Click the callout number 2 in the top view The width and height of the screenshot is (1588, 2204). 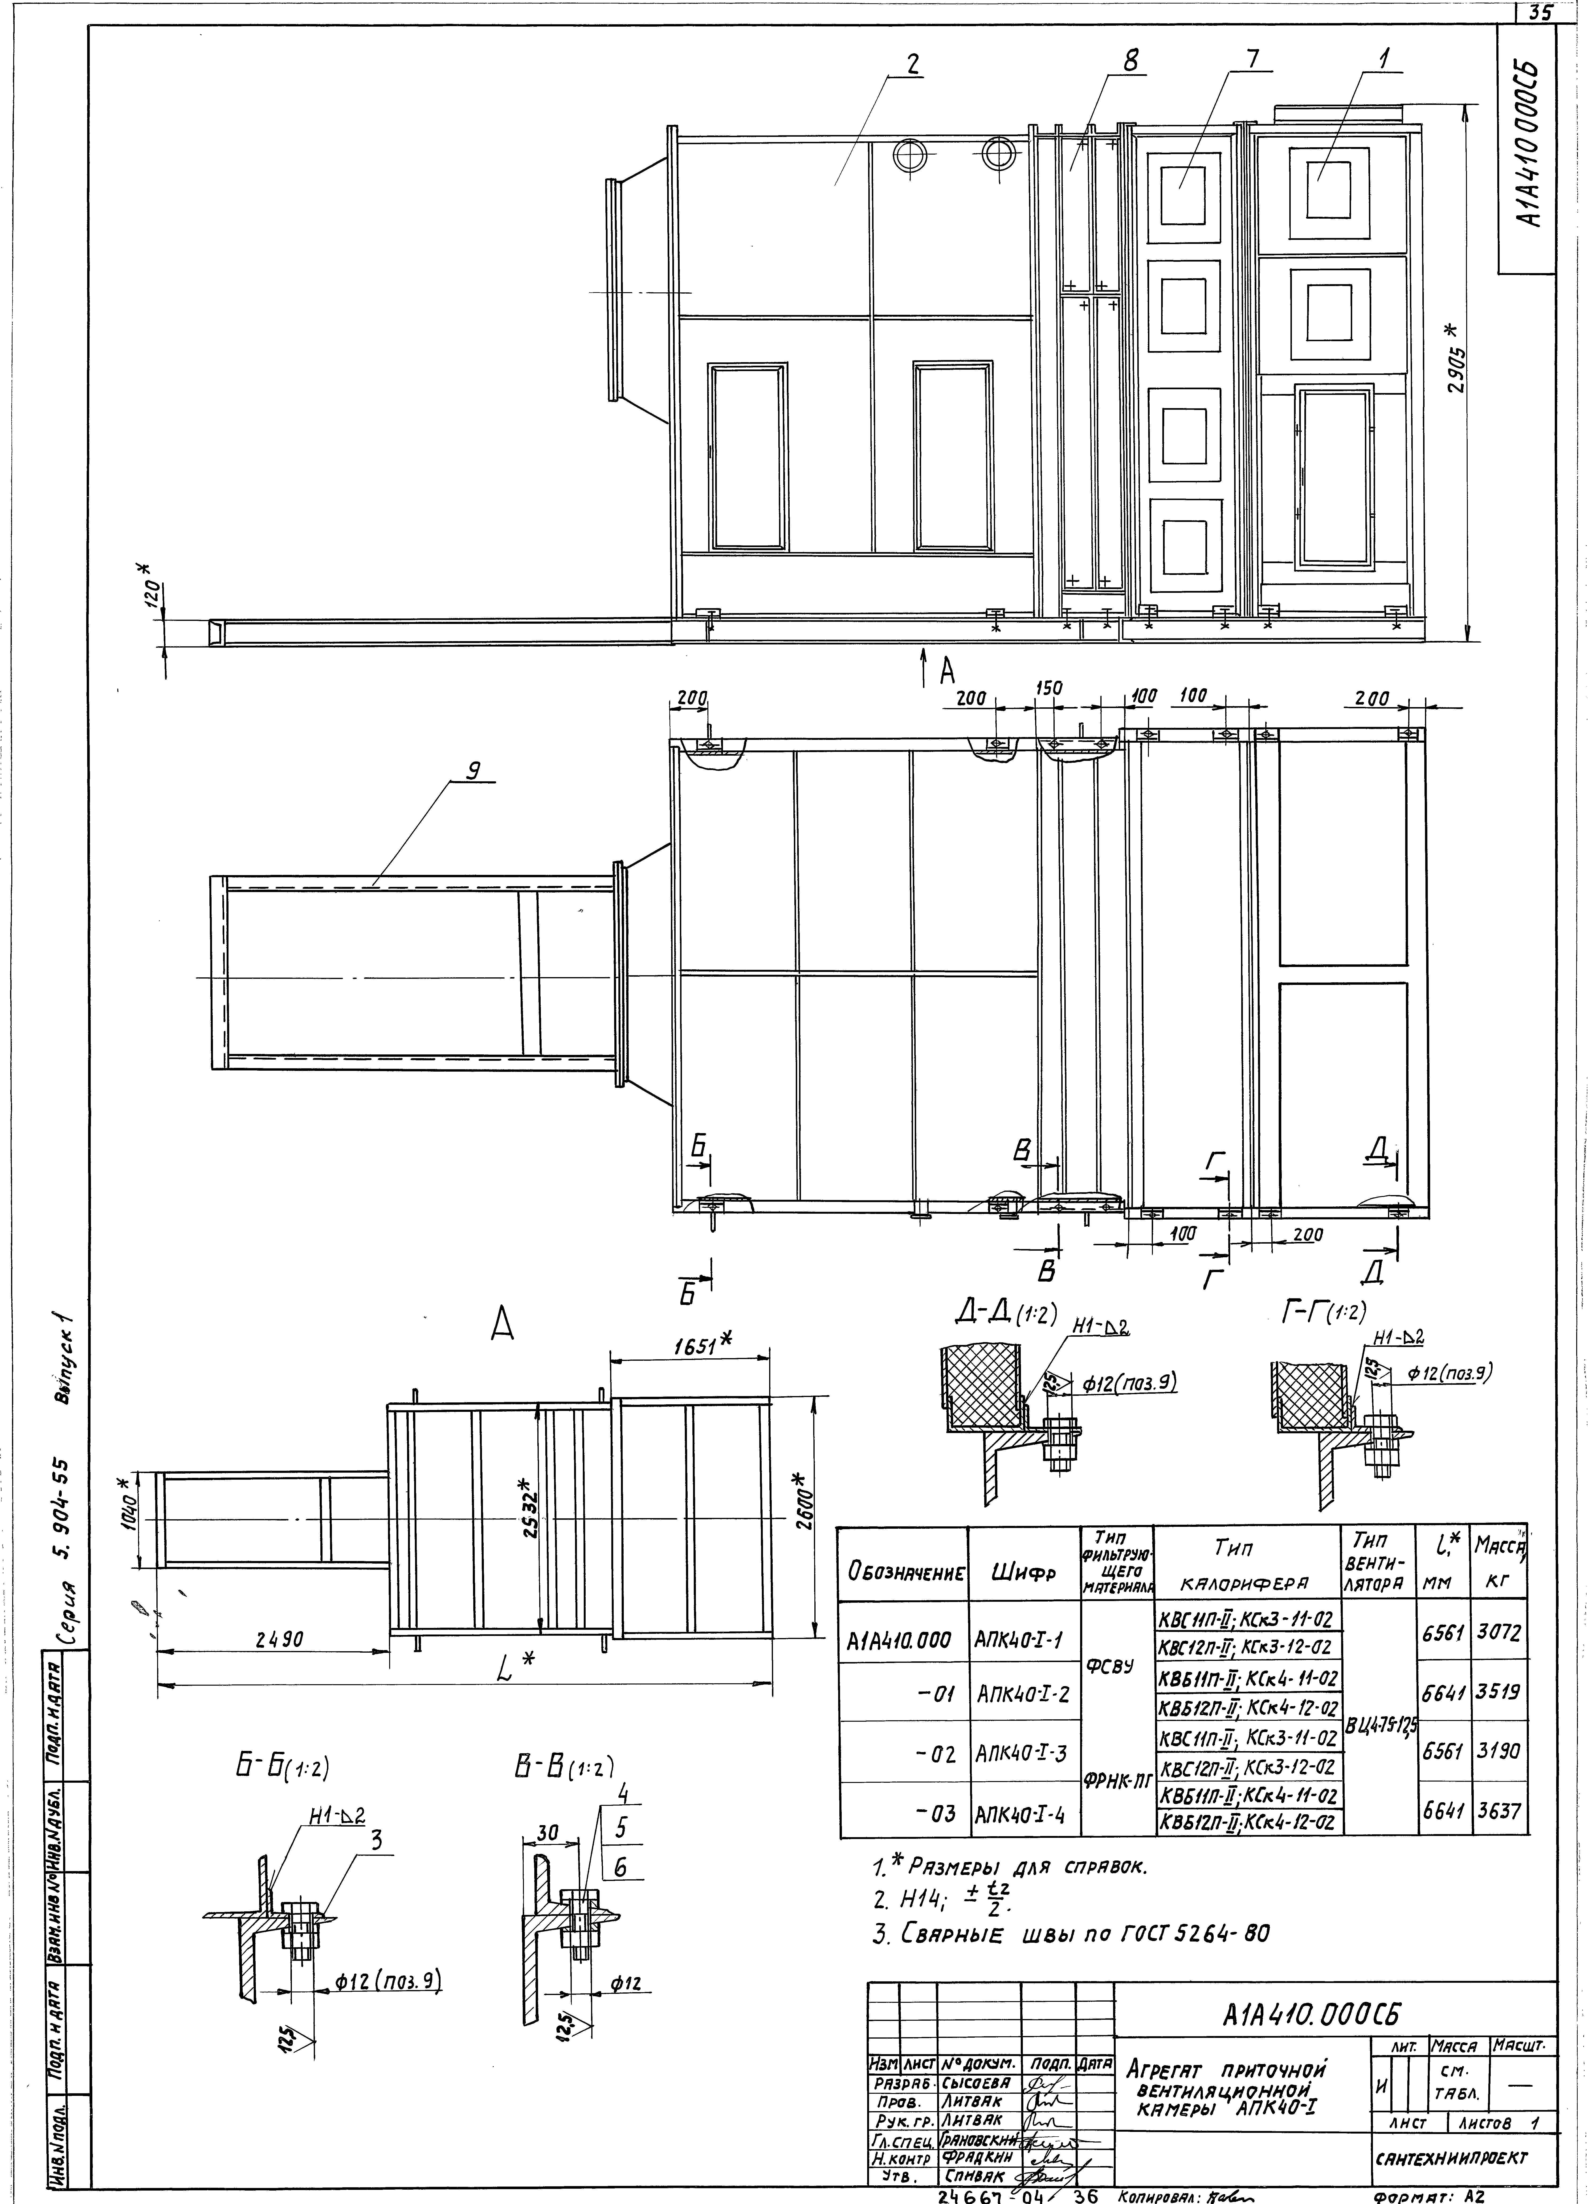912,64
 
